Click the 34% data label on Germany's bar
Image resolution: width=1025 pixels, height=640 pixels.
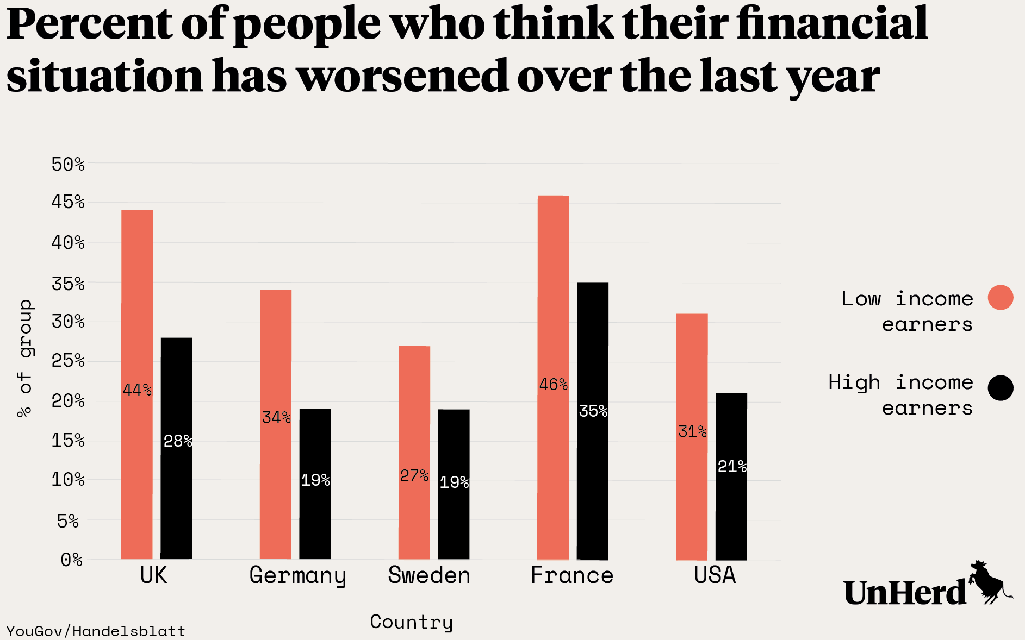click(x=276, y=418)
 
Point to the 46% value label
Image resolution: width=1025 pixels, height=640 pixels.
click(x=554, y=385)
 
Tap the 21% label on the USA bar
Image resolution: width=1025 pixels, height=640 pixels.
click(x=732, y=467)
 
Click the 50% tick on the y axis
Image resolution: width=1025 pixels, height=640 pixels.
click(x=68, y=164)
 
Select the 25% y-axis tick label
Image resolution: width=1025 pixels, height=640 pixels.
click(x=68, y=361)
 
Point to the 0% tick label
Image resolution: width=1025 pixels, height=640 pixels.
click(x=72, y=560)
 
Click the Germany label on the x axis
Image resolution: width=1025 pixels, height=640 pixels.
click(x=297, y=576)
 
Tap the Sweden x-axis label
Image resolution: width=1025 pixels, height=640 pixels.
click(x=429, y=575)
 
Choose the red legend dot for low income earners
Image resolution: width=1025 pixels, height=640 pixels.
click(x=1001, y=297)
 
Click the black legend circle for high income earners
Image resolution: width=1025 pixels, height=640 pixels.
click(x=1001, y=388)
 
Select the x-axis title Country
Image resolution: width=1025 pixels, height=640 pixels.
click(x=411, y=622)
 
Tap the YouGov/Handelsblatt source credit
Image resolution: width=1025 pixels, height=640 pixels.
click(x=96, y=631)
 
